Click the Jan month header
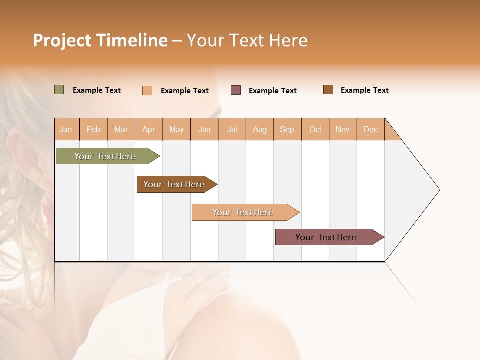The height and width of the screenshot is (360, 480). tap(66, 129)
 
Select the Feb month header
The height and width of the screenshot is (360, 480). tap(93, 129)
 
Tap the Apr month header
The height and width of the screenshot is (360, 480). tap(149, 129)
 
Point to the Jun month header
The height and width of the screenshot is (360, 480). tap(204, 129)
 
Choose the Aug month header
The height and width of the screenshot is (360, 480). tap(260, 129)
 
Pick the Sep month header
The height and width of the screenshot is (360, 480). tap(287, 129)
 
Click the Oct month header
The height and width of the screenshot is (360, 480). tap(315, 129)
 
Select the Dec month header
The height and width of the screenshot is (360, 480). tap(371, 129)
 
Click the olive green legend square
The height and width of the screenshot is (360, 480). tap(59, 90)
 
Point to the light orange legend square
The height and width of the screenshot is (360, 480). tap(147, 90)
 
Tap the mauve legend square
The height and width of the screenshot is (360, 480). tap(236, 90)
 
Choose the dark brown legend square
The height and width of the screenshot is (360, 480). tap(328, 90)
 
